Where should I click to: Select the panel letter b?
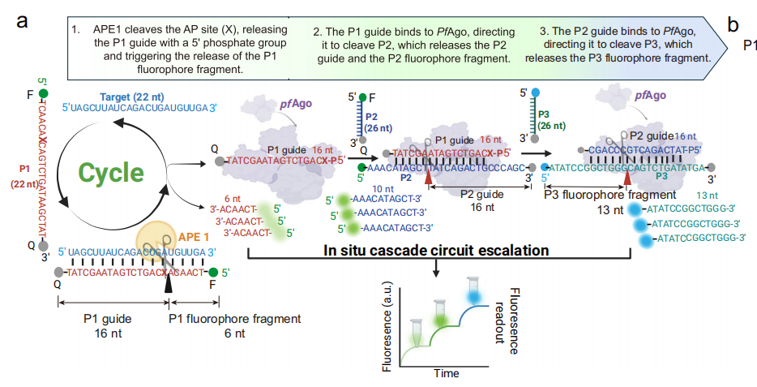pos(733,24)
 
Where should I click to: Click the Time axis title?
pos(446,373)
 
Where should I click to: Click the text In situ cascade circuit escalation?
pos(435,249)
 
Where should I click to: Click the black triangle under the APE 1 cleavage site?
pos(169,284)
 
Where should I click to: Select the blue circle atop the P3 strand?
pos(537,93)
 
